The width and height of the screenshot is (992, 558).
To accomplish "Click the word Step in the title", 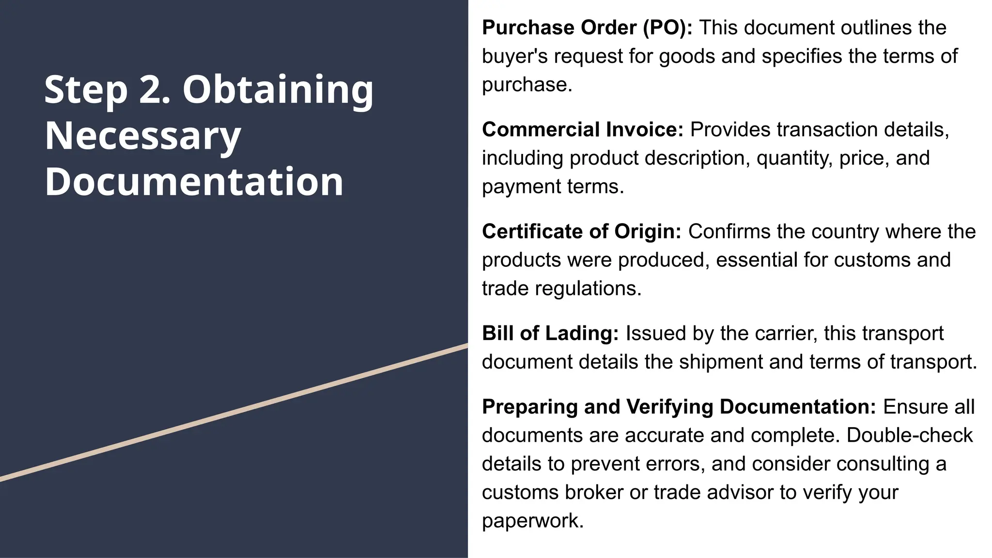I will click(x=86, y=91).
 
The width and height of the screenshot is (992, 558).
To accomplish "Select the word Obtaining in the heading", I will click(x=278, y=91).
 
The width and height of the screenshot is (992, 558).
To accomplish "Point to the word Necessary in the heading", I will click(x=143, y=136).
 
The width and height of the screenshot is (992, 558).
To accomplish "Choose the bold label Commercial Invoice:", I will click(x=583, y=130).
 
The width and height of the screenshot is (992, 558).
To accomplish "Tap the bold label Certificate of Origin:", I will click(x=582, y=232).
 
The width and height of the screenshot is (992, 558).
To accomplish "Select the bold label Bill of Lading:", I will click(x=550, y=333).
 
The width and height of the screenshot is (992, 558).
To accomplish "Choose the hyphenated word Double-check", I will click(x=909, y=435).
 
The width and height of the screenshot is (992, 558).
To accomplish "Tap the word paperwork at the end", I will click(x=532, y=521).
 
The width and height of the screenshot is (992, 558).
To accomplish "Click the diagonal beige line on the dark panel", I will click(x=234, y=412).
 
